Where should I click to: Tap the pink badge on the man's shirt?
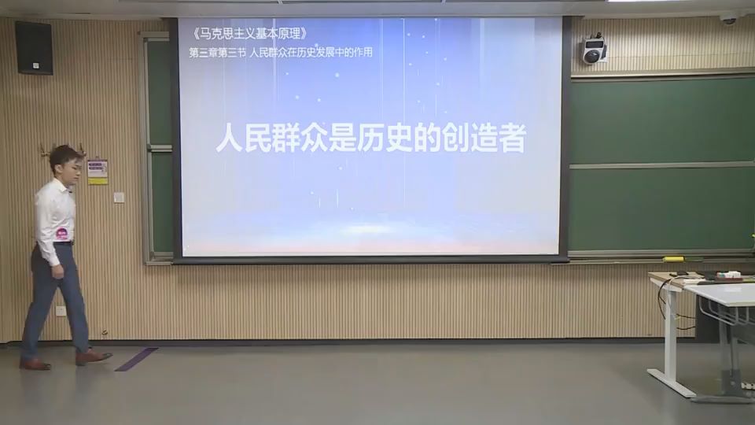click(61, 232)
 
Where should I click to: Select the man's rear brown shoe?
click(35, 364)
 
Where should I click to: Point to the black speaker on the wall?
click(34, 47)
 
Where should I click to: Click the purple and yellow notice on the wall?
click(98, 172)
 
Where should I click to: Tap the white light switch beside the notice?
click(119, 198)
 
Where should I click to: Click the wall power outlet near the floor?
click(61, 311)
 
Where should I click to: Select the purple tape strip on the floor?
click(136, 359)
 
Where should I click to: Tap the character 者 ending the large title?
click(511, 139)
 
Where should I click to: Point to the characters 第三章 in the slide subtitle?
click(206, 53)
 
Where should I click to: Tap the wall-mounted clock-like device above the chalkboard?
click(594, 51)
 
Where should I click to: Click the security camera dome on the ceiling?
click(728, 17)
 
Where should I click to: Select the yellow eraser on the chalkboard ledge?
click(673, 258)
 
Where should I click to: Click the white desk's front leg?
click(671, 338)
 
